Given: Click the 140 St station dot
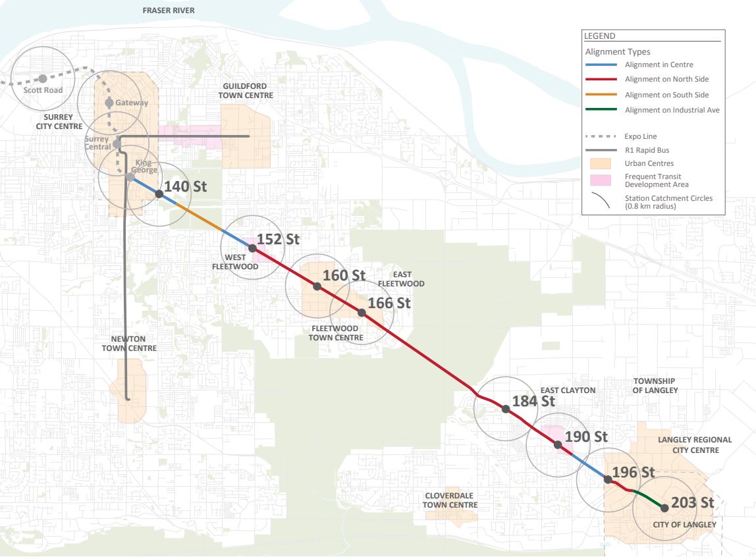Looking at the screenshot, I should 159,194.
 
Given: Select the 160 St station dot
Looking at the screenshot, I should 317,286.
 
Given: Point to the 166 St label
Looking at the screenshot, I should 389,304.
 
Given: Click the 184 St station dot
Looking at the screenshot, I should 506,409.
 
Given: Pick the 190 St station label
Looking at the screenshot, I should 586,437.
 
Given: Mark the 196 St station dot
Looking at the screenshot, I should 608,479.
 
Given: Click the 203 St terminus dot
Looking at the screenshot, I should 664,508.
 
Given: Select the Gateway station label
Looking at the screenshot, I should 132,103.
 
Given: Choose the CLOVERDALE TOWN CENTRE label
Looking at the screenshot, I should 451,500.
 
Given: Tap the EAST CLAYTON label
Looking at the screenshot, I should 568,390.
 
